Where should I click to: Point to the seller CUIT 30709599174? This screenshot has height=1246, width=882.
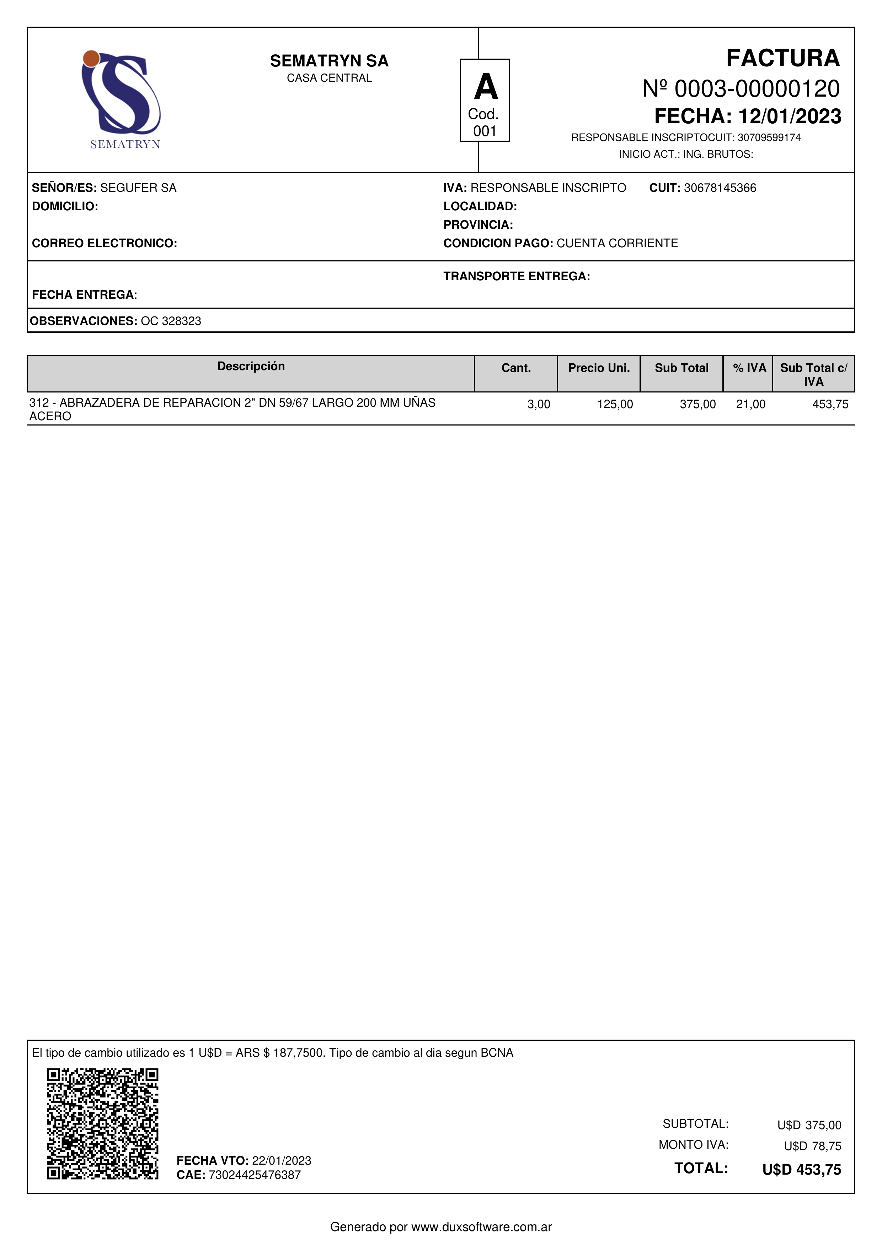pyautogui.click(x=769, y=138)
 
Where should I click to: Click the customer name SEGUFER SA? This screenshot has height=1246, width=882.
pyautogui.click(x=139, y=188)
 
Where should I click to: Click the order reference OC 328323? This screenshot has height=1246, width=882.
pyautogui.click(x=171, y=321)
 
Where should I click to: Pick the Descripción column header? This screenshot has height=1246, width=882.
pyautogui.click(x=251, y=366)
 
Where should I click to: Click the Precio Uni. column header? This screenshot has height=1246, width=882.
pyautogui.click(x=599, y=368)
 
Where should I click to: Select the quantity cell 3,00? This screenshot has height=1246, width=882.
pyautogui.click(x=538, y=404)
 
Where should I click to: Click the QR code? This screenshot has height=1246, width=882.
pyautogui.click(x=103, y=1123)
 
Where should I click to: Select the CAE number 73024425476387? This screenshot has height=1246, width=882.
pyautogui.click(x=254, y=1175)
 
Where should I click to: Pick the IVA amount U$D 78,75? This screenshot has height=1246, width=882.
pyautogui.click(x=812, y=1146)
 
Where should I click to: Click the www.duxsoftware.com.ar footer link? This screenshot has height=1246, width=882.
pyautogui.click(x=481, y=1227)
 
